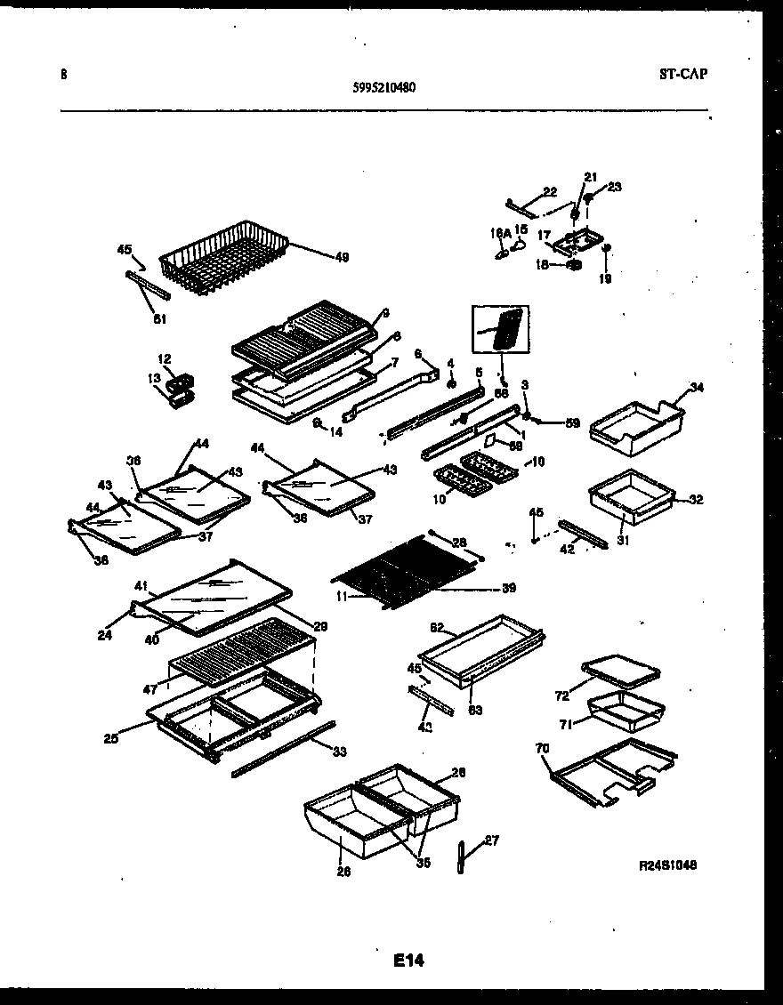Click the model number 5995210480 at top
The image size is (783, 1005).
pyautogui.click(x=383, y=87)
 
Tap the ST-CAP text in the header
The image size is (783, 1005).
pyautogui.click(x=683, y=75)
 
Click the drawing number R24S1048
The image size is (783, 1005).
pyautogui.click(x=666, y=864)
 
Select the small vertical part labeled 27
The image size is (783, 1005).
pyautogui.click(x=462, y=857)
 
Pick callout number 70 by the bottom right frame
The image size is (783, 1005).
pyautogui.click(x=543, y=750)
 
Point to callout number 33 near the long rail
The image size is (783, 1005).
pyautogui.click(x=338, y=752)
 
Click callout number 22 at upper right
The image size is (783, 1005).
pyautogui.click(x=550, y=190)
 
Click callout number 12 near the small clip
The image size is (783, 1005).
pyautogui.click(x=165, y=358)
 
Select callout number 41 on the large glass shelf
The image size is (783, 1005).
pyautogui.click(x=140, y=586)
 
